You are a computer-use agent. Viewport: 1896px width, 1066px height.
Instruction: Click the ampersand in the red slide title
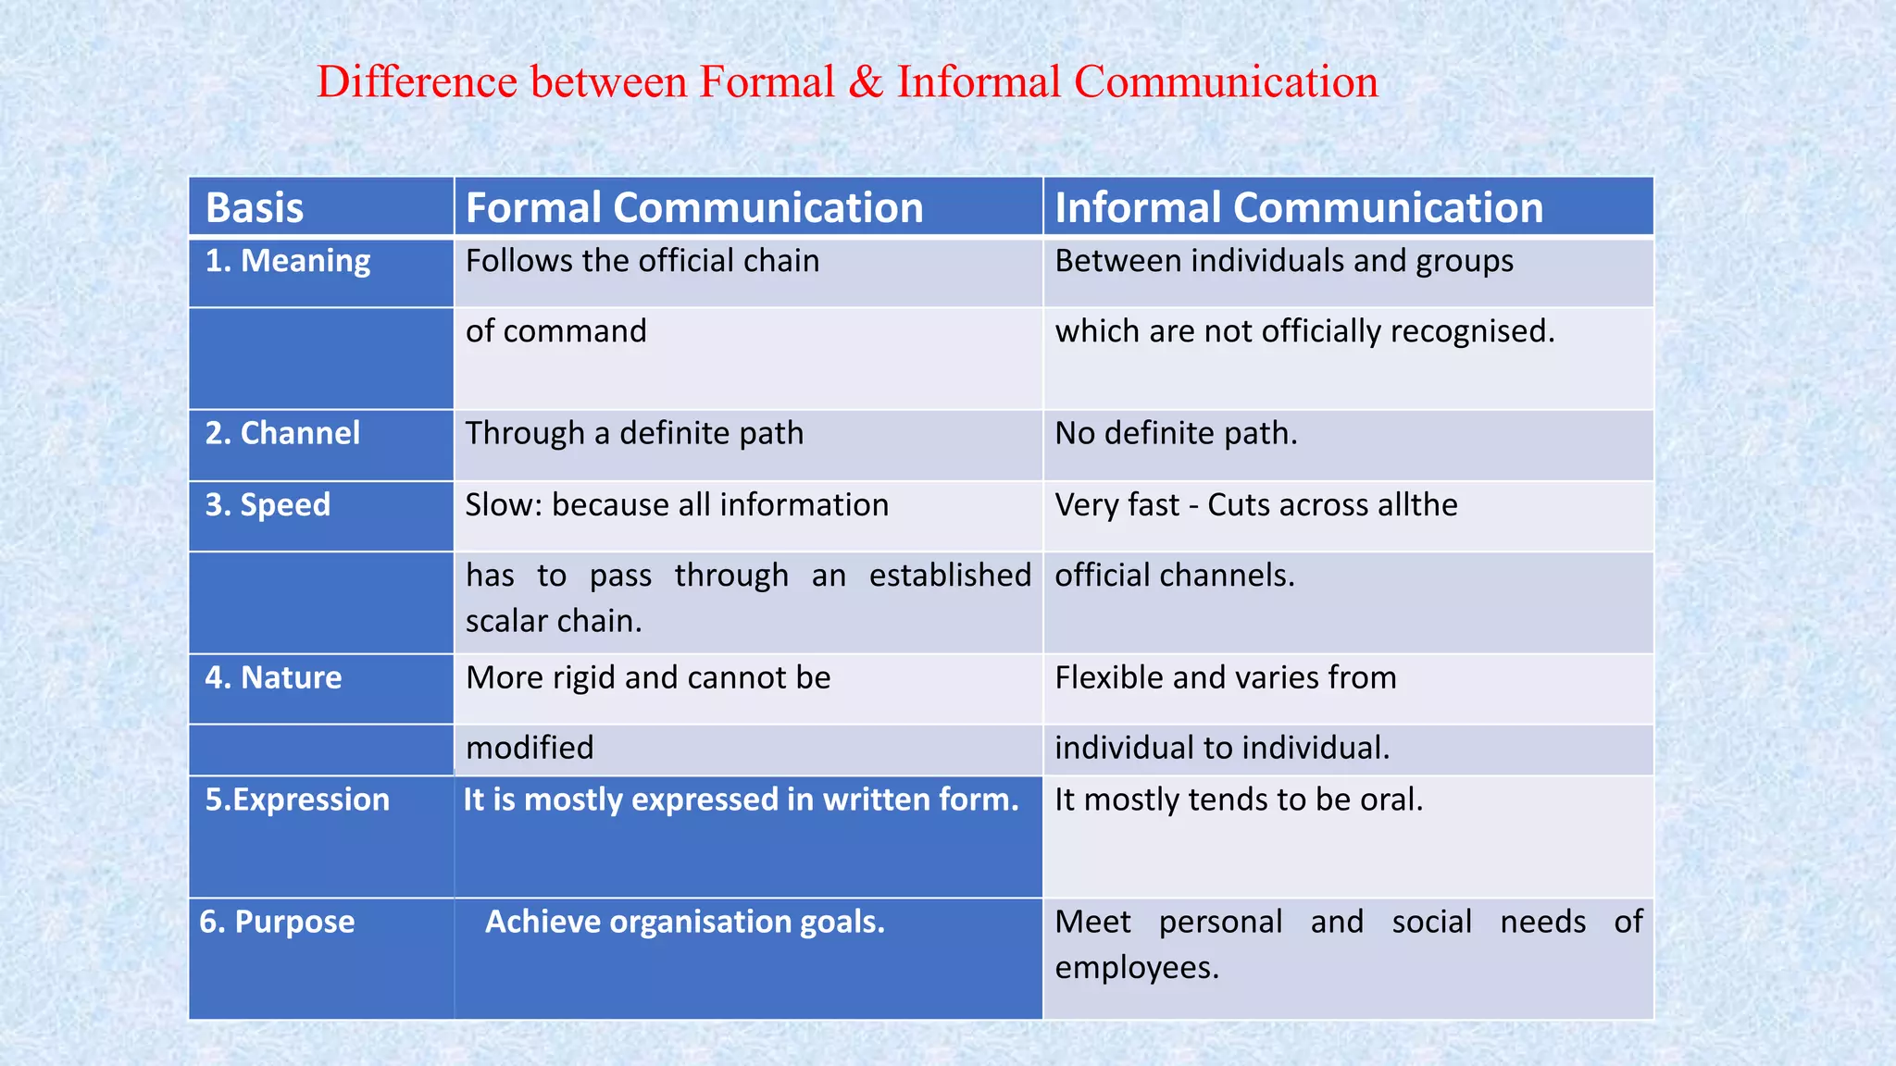866,82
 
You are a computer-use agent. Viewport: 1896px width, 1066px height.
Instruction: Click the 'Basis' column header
255,207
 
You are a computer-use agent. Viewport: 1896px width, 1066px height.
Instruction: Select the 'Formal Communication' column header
694,207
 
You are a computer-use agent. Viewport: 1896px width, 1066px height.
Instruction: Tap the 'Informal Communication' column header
1299,207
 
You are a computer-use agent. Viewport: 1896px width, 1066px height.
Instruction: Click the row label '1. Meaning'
288,261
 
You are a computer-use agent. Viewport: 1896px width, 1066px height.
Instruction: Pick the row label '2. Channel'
282,433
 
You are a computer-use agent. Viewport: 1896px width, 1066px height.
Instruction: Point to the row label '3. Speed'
268,504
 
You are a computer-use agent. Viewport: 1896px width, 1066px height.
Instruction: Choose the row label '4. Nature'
273,677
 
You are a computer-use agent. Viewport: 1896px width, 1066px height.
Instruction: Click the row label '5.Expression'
297,799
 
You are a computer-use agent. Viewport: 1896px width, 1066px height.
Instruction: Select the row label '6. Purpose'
277,922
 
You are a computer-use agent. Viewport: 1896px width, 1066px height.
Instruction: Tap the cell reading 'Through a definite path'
634,433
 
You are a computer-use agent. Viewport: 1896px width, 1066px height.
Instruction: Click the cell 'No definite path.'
1176,433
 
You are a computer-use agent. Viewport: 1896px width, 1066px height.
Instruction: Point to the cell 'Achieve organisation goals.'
685,922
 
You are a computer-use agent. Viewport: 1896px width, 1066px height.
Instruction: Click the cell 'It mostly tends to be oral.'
1239,799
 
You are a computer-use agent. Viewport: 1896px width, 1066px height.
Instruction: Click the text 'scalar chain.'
554,621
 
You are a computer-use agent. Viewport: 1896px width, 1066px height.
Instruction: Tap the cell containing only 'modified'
530,748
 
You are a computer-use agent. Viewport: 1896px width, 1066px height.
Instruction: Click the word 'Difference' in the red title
417,82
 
